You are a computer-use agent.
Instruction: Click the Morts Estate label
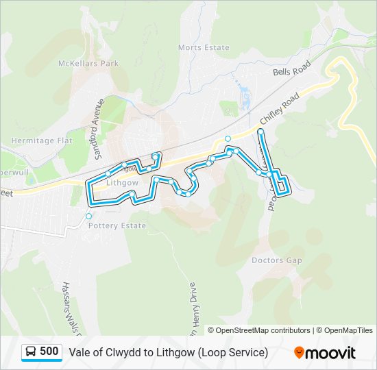(204, 47)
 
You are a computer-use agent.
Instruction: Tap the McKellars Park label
(88, 64)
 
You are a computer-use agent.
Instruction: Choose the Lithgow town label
(123, 184)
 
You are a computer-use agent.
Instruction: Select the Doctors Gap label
(277, 260)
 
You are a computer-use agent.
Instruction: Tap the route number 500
(49, 351)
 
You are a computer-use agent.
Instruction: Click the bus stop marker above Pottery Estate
(88, 217)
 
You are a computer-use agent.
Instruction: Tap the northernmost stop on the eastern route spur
(260, 131)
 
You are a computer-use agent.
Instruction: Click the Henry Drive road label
(193, 308)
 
